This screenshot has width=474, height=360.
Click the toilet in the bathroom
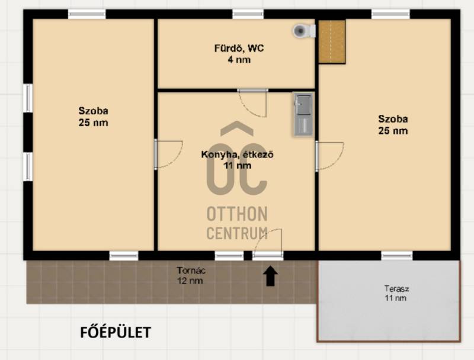point(304,31)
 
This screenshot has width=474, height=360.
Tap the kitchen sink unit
point(303,114)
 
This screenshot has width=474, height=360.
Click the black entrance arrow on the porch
point(271,276)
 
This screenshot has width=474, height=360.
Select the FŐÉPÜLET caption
point(116,333)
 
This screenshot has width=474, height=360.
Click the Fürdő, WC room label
point(239,54)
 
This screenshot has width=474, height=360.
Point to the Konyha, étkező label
point(238,160)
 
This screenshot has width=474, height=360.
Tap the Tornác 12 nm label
point(191,275)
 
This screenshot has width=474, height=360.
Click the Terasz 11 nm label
point(396,293)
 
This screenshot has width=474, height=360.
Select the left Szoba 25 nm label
point(93,117)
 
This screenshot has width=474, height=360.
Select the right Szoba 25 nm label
point(393,124)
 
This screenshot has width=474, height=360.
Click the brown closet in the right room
point(332,41)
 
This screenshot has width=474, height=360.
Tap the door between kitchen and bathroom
point(253,102)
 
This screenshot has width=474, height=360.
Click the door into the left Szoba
point(168,154)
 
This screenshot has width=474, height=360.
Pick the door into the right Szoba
point(329,156)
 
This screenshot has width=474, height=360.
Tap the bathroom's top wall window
point(248,14)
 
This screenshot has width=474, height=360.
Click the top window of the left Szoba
point(87,14)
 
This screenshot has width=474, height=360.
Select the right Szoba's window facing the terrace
point(396,256)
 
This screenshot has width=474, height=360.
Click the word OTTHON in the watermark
point(237,214)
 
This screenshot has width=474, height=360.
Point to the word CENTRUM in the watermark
point(237,233)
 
